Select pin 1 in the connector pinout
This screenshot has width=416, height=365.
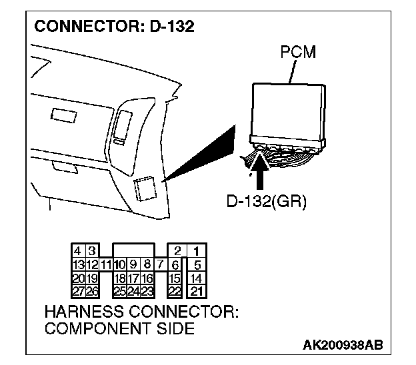pos(197,251)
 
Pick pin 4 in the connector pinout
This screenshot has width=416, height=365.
pos(79,251)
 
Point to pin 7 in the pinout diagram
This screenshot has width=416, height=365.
pos(161,264)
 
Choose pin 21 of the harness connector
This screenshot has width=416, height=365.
pos(197,291)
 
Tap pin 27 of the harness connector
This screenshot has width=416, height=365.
pos(79,291)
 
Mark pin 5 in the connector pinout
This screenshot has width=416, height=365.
pos(197,264)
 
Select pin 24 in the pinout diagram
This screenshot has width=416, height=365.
pos(133,291)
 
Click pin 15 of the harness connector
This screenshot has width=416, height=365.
pos(176,278)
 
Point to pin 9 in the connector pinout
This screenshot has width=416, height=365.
pos(133,264)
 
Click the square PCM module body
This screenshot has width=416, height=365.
pos(289,109)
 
